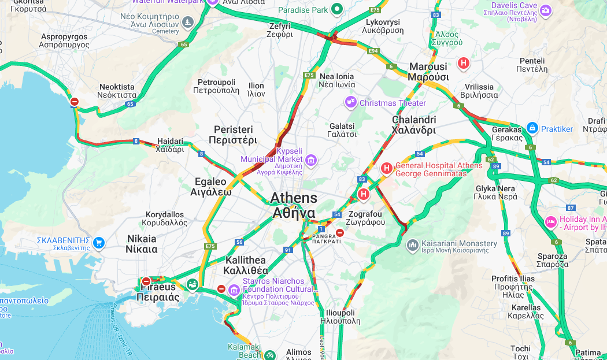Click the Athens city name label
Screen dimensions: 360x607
(x=294, y=205)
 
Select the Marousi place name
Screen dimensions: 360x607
(x=428, y=72)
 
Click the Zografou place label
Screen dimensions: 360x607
(x=365, y=218)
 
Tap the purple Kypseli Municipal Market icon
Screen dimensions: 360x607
(x=311, y=159)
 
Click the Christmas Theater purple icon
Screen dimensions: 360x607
(x=350, y=103)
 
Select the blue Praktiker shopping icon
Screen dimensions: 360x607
(x=532, y=128)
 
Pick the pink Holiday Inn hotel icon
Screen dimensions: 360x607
(x=551, y=221)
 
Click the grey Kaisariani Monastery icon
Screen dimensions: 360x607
(x=412, y=244)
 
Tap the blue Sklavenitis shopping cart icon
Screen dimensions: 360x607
(x=99, y=242)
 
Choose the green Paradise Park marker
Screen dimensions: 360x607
(x=336, y=9)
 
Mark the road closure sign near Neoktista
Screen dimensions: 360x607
(x=74, y=102)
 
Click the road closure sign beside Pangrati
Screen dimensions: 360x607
(x=340, y=232)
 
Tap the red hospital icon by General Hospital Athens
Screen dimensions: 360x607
(x=386, y=168)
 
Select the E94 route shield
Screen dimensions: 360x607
(x=373, y=51)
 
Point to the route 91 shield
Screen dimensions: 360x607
(x=287, y=250)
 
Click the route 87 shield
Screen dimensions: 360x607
(x=571, y=207)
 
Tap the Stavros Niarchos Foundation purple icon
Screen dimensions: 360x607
(x=234, y=289)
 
